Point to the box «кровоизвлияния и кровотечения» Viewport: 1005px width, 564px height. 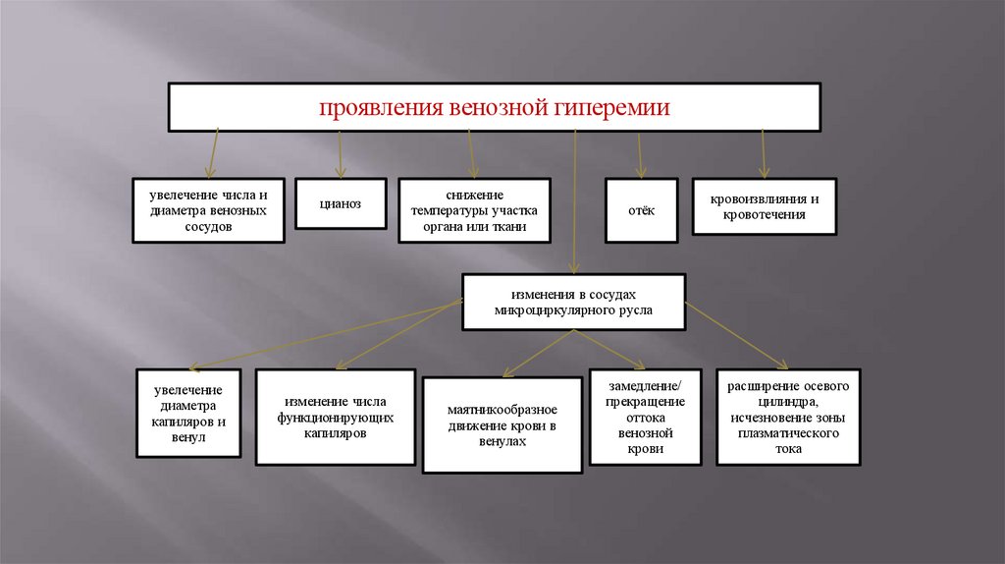(x=765, y=206)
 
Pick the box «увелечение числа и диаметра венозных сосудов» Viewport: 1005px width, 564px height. (x=209, y=210)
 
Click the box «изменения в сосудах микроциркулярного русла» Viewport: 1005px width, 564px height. (x=574, y=302)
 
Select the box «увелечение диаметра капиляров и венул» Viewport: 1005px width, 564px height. (x=188, y=413)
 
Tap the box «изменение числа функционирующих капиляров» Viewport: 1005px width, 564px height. (x=335, y=417)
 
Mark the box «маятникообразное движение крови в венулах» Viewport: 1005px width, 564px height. (x=502, y=425)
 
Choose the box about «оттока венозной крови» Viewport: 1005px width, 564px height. (x=645, y=417)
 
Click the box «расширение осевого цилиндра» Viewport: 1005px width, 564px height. (x=788, y=417)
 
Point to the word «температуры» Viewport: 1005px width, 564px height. (x=453, y=210)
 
